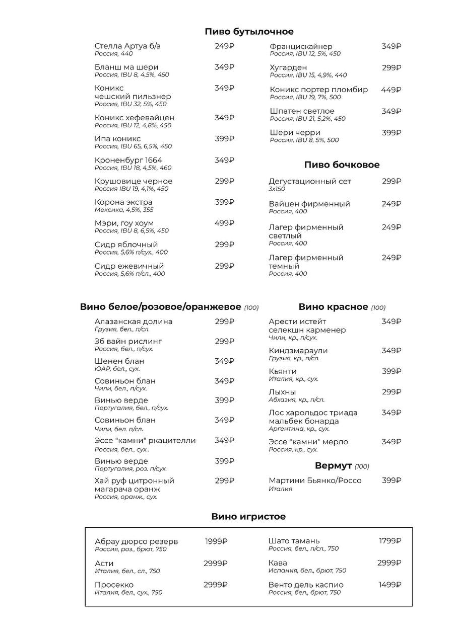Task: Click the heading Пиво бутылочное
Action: [249, 32]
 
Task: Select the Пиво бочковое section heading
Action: [342, 165]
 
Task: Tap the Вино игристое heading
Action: [248, 516]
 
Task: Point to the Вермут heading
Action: [334, 465]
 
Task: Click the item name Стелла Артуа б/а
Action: [127, 46]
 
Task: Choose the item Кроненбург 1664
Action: [128, 160]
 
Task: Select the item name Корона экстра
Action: [123, 202]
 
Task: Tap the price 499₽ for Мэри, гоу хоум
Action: [224, 223]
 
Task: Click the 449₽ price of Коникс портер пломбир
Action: [391, 90]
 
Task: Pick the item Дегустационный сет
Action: [310, 181]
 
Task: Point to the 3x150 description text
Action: [277, 189]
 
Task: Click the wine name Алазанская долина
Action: [134, 321]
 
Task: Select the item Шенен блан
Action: [119, 361]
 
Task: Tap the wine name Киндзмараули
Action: [298, 351]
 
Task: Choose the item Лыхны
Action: [282, 392]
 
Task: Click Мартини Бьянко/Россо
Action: [315, 480]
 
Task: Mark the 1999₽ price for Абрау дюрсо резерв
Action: [216, 541]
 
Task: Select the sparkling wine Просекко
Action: [114, 585]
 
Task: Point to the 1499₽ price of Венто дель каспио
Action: [390, 585]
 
